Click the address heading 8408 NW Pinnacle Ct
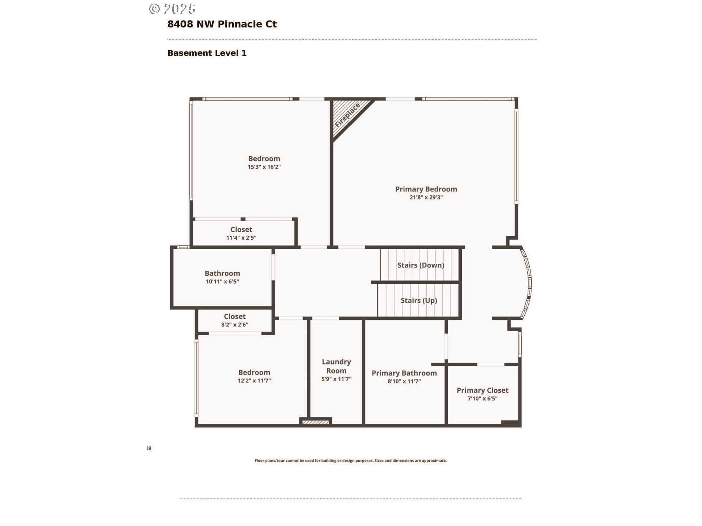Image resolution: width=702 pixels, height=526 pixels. click(222, 24)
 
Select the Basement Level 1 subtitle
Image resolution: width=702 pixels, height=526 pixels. click(207, 53)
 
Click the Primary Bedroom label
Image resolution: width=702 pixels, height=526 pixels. click(426, 189)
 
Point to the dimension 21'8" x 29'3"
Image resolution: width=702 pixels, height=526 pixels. click(426, 198)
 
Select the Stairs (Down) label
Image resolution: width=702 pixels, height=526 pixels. click(421, 265)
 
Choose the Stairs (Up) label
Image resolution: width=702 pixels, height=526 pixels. click(419, 301)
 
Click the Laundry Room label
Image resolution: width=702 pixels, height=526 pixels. click(336, 366)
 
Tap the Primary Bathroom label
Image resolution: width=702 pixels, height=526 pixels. click(404, 373)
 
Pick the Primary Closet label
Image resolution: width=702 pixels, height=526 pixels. click(482, 390)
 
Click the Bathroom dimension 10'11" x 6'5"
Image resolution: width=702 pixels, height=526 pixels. click(222, 282)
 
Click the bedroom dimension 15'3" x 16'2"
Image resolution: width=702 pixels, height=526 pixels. click(264, 167)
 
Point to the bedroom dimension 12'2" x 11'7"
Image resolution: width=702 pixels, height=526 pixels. click(254, 381)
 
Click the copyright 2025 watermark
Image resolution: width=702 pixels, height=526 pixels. click(172, 9)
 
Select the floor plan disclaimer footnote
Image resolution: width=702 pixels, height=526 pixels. click(351, 461)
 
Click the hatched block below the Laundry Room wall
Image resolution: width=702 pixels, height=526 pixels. click(316, 422)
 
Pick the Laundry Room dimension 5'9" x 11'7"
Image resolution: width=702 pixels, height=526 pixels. click(336, 380)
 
